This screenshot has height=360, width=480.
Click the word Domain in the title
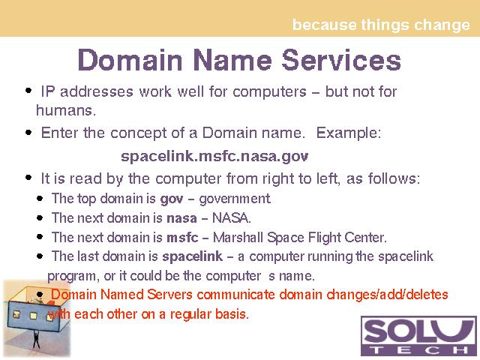[x=130, y=60]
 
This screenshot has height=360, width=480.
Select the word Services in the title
[x=341, y=60]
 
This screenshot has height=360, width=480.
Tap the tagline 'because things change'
[x=381, y=25]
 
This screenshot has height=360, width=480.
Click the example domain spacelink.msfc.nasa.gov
[x=214, y=157]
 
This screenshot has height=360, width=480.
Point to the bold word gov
[x=172, y=199]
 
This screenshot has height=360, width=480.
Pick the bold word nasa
[x=181, y=218]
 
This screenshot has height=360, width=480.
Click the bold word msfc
[x=182, y=238]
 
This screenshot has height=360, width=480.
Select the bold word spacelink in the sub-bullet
[x=192, y=256]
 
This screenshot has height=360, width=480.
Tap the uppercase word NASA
[x=232, y=218]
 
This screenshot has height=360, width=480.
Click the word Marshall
[x=238, y=238]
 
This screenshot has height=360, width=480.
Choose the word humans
[x=66, y=110]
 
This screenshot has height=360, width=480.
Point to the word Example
[x=348, y=133]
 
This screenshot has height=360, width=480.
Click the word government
[x=235, y=199]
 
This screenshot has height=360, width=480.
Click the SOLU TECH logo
[x=418, y=335]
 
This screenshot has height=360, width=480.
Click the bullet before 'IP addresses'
[x=28, y=91]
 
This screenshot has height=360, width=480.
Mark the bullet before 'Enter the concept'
[x=28, y=133]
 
